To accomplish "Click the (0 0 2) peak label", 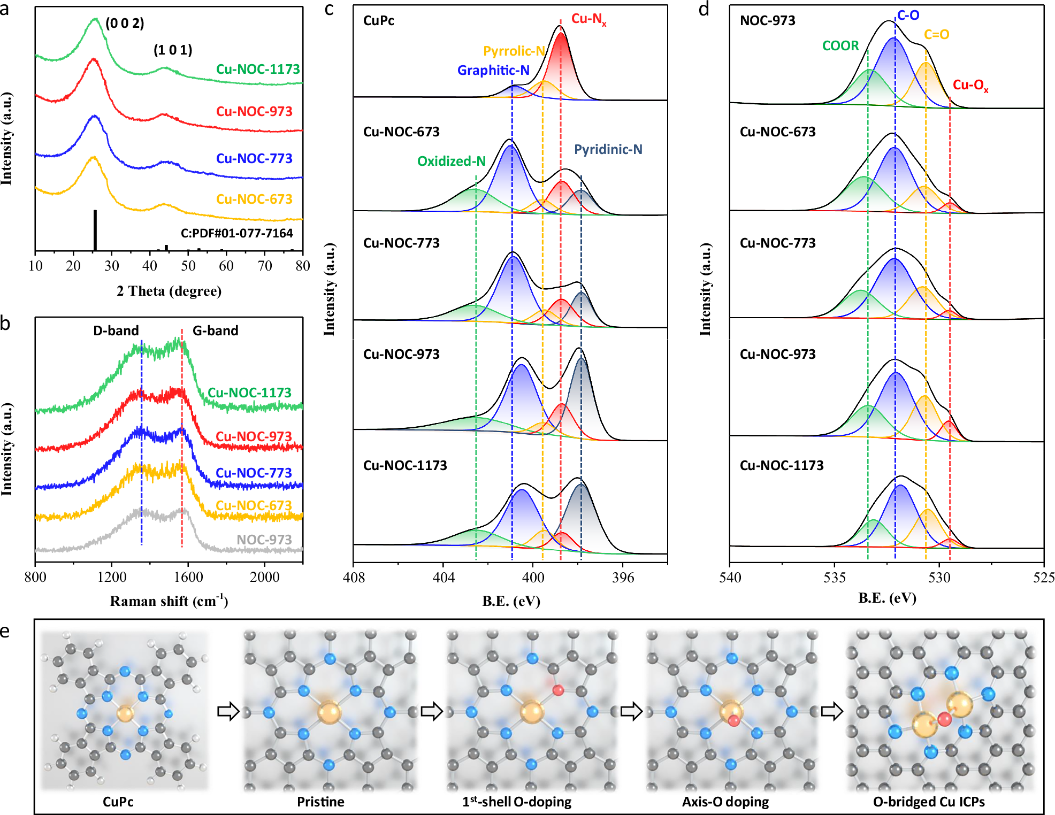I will click(x=125, y=24).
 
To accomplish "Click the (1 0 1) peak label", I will click(x=173, y=50).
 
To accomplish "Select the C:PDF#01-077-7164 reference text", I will click(x=236, y=233).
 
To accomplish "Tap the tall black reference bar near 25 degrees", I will click(x=95, y=230).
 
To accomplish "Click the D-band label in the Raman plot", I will click(x=116, y=330).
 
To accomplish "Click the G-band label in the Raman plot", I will click(x=215, y=330).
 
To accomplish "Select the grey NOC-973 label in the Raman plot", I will click(x=264, y=540).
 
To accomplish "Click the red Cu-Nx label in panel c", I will click(x=588, y=19).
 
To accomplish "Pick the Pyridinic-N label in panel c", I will click(x=608, y=149).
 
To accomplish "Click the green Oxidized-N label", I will click(x=451, y=161).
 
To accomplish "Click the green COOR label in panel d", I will click(x=840, y=46).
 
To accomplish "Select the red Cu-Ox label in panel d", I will click(x=970, y=85).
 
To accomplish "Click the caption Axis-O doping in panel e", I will click(x=725, y=802).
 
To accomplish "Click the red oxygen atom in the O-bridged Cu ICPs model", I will click(x=944, y=719).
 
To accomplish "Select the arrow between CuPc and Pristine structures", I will click(x=228, y=712).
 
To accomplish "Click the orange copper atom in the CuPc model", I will click(x=125, y=713).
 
